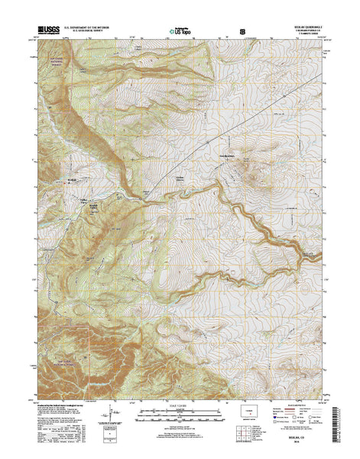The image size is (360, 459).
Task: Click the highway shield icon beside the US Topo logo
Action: (x=242, y=31)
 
